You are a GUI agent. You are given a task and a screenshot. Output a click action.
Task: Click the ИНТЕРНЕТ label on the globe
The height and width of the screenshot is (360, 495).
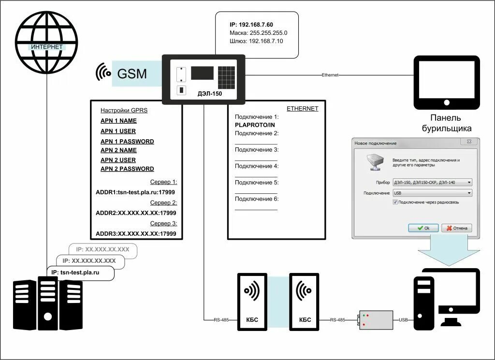(x=46, y=47)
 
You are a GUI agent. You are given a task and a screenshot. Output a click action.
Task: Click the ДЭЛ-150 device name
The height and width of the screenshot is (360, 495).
(x=210, y=93)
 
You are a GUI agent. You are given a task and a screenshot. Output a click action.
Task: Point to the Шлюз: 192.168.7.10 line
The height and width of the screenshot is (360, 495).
(x=256, y=41)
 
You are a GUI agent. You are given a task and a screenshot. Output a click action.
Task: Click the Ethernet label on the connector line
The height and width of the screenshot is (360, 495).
(x=330, y=75)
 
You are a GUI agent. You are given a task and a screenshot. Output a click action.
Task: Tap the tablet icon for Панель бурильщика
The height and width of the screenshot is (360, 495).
(x=446, y=82)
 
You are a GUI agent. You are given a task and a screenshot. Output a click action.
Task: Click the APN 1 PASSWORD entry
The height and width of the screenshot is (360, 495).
(x=127, y=142)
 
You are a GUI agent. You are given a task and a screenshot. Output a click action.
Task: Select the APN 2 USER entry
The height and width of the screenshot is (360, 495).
(x=118, y=160)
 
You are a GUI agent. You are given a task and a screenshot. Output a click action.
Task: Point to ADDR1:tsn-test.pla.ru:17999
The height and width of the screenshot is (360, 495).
(x=135, y=192)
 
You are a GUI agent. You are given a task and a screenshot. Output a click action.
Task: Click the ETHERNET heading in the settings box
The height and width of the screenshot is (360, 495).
(x=303, y=109)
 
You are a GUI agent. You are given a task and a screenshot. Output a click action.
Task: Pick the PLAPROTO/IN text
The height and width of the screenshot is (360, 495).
(x=254, y=125)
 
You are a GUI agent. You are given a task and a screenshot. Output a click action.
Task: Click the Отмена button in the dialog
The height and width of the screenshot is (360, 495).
(x=456, y=228)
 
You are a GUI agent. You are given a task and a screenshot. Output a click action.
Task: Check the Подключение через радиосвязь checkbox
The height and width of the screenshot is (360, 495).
(x=395, y=202)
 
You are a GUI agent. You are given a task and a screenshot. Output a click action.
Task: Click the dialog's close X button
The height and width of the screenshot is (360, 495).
(x=468, y=142)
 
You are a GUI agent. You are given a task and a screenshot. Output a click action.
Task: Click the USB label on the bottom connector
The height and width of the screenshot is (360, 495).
(x=403, y=319)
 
